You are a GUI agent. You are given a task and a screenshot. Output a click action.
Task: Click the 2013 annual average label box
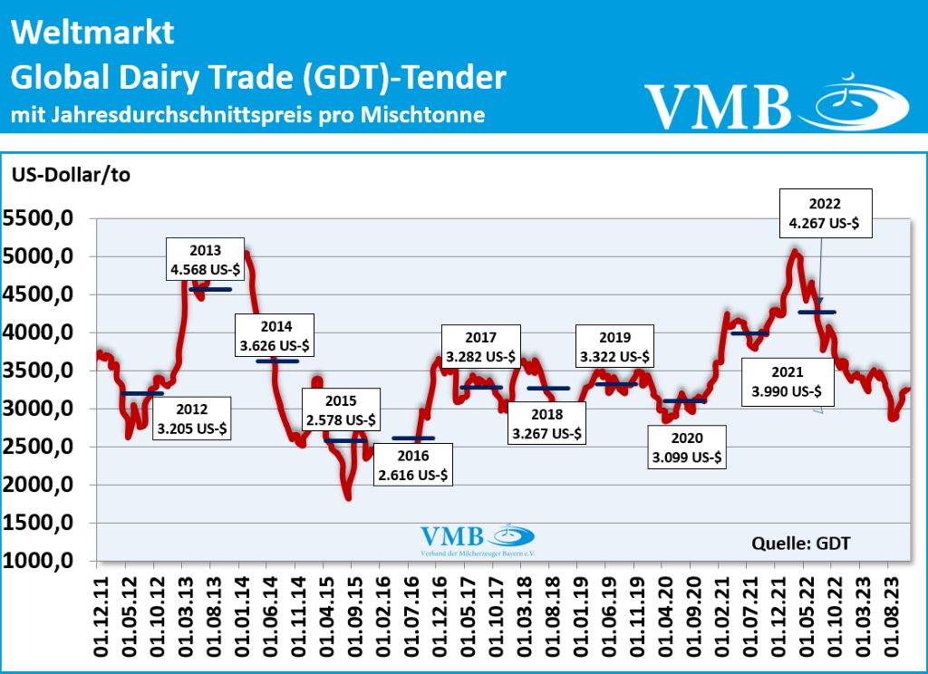coord(205,259)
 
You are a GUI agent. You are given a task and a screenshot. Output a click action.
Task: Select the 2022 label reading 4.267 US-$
coord(827,213)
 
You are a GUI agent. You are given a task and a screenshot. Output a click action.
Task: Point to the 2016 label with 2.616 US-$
coord(412,464)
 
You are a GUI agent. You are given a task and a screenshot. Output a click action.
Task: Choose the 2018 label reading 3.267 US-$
coord(546,422)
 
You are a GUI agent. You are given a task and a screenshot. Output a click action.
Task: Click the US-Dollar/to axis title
coord(71,175)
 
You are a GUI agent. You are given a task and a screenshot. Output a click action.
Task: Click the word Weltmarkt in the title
coord(93,34)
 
